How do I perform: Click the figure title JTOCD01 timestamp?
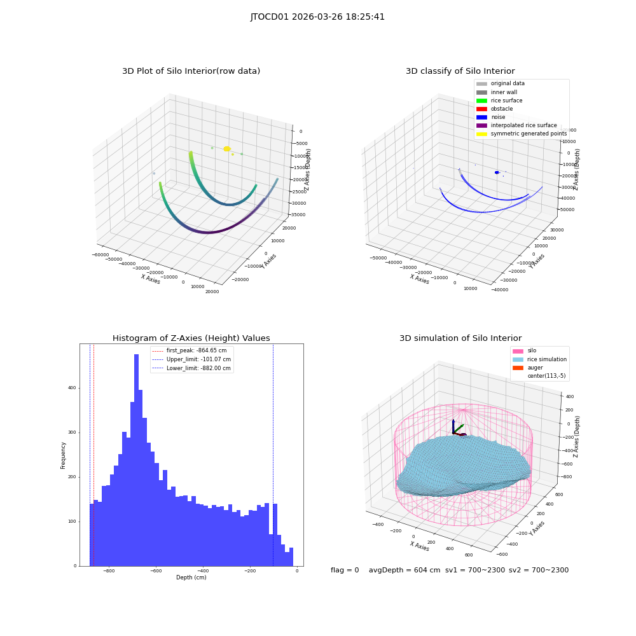pyautogui.click(x=317, y=17)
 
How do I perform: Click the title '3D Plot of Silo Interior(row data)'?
pyautogui.click(x=191, y=71)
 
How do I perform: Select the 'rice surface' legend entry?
pyautogui.click(x=499, y=100)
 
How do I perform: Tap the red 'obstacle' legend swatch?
pyautogui.click(x=481, y=109)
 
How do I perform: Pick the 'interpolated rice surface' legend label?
pyautogui.click(x=523, y=125)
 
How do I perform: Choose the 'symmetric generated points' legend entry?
pyautogui.click(x=522, y=134)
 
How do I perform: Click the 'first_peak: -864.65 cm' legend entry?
pyautogui.click(x=189, y=350)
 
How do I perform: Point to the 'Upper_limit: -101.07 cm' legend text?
pyautogui.click(x=198, y=359)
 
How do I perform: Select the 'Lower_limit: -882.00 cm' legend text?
pyautogui.click(x=198, y=368)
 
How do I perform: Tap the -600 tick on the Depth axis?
pyautogui.click(x=156, y=571)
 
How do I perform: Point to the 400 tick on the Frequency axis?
pyautogui.click(x=72, y=388)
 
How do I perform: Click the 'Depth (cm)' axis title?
pyautogui.click(x=191, y=577)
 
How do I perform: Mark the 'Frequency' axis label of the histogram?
pyautogui.click(x=63, y=455)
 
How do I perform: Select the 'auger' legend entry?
pyautogui.click(x=528, y=368)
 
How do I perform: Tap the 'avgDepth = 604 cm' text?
pyautogui.click(x=404, y=570)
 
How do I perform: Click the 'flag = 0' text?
pyautogui.click(x=345, y=570)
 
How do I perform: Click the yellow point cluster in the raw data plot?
pyautogui.click(x=227, y=149)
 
